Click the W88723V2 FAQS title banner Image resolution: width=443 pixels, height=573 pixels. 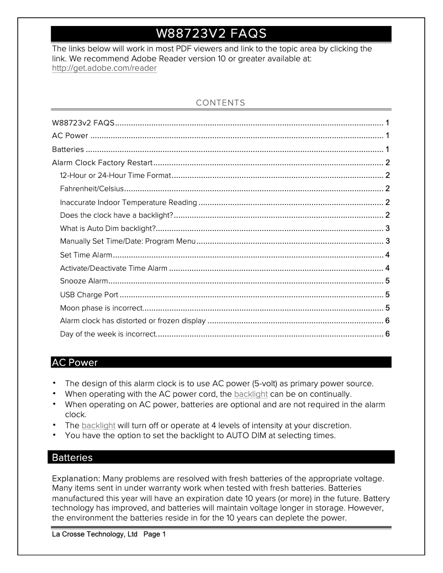click(x=221, y=34)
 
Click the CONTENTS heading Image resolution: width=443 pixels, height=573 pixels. click(x=220, y=103)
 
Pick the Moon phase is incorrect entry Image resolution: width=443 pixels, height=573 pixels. click(x=101, y=307)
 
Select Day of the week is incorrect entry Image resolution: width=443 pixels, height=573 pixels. click(x=108, y=334)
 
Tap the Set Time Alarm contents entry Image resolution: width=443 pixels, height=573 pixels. click(x=86, y=255)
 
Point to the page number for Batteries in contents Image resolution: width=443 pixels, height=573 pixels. click(x=388, y=149)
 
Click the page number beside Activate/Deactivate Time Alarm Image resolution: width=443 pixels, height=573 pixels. click(x=388, y=268)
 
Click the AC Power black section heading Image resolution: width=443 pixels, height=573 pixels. click(x=75, y=362)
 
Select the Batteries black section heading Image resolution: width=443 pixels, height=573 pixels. click(x=72, y=458)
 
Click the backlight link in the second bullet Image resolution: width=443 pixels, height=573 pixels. click(x=251, y=394)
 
